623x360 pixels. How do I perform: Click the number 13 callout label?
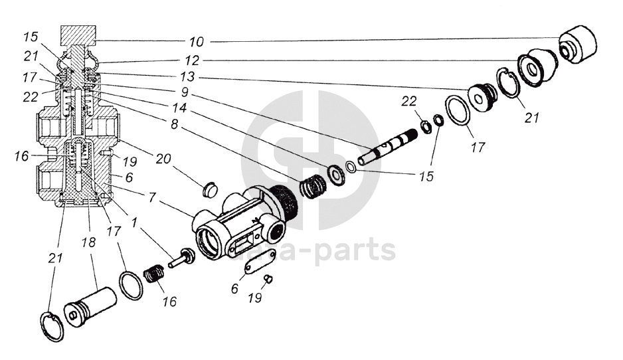coord(187,76)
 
